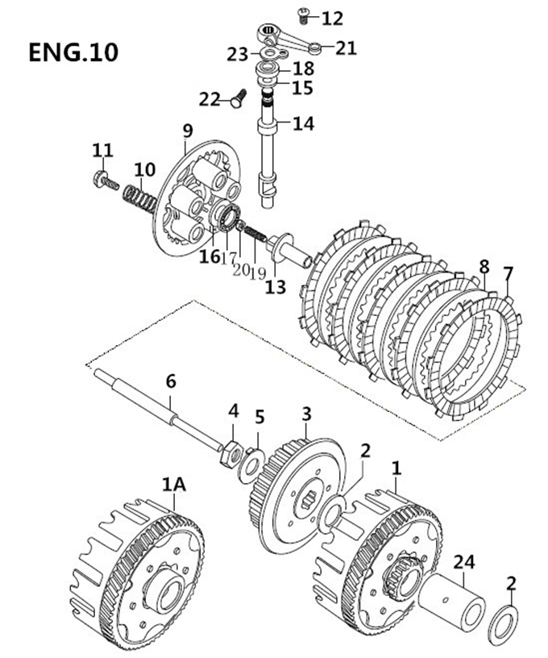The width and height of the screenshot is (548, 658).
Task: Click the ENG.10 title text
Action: click(73, 52)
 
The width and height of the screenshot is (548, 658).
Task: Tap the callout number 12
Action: click(332, 18)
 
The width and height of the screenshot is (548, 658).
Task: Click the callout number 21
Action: click(346, 48)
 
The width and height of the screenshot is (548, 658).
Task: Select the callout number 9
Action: click(188, 130)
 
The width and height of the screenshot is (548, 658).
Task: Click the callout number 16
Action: click(210, 256)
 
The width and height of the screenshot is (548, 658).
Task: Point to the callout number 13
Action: click(276, 287)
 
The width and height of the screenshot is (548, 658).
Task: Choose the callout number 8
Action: click(484, 267)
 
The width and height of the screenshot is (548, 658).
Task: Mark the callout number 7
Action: click(507, 273)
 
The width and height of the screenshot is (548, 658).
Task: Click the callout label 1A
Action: click(173, 485)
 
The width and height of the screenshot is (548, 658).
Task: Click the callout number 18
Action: click(303, 69)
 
